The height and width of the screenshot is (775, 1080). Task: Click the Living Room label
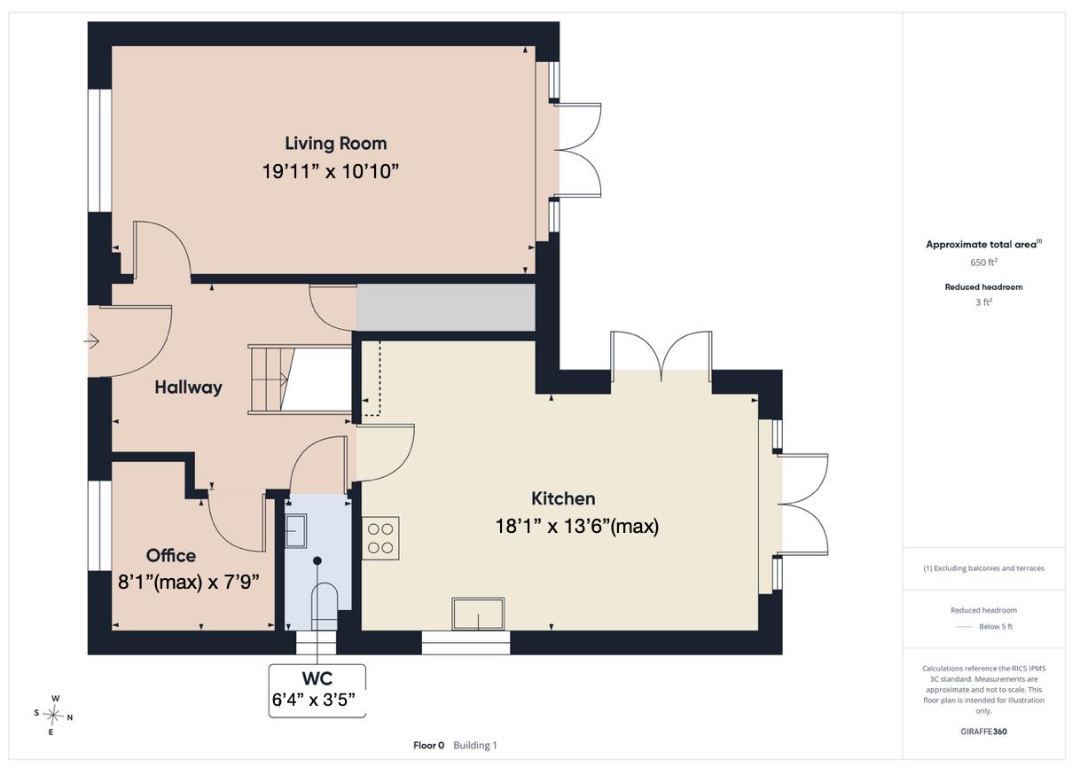tap(335, 144)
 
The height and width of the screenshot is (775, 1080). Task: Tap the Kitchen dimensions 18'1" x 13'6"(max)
tap(577, 526)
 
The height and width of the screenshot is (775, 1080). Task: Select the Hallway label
tap(188, 387)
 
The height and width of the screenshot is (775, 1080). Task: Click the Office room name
tap(171, 556)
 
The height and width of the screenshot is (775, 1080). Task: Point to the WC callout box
tap(317, 691)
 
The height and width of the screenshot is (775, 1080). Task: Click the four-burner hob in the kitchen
tap(380, 538)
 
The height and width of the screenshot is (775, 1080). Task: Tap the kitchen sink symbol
tap(478, 614)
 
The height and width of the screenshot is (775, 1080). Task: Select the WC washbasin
tap(295, 531)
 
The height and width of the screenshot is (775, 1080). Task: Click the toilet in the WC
tap(324, 607)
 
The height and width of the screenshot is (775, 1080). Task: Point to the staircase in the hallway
tap(300, 380)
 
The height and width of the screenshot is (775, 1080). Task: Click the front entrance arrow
tap(91, 341)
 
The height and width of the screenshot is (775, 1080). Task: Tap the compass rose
tap(53, 715)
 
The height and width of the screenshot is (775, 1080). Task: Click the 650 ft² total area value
tap(983, 262)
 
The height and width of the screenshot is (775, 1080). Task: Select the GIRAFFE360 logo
tap(983, 732)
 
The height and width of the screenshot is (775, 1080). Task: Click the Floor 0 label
tap(428, 746)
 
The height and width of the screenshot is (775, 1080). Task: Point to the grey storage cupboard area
tap(446, 307)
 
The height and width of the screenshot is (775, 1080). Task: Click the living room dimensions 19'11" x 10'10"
tap(330, 172)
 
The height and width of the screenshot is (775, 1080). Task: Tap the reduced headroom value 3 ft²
tap(983, 302)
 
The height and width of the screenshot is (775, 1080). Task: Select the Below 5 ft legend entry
tap(996, 627)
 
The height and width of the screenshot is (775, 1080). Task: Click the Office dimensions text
tap(189, 583)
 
